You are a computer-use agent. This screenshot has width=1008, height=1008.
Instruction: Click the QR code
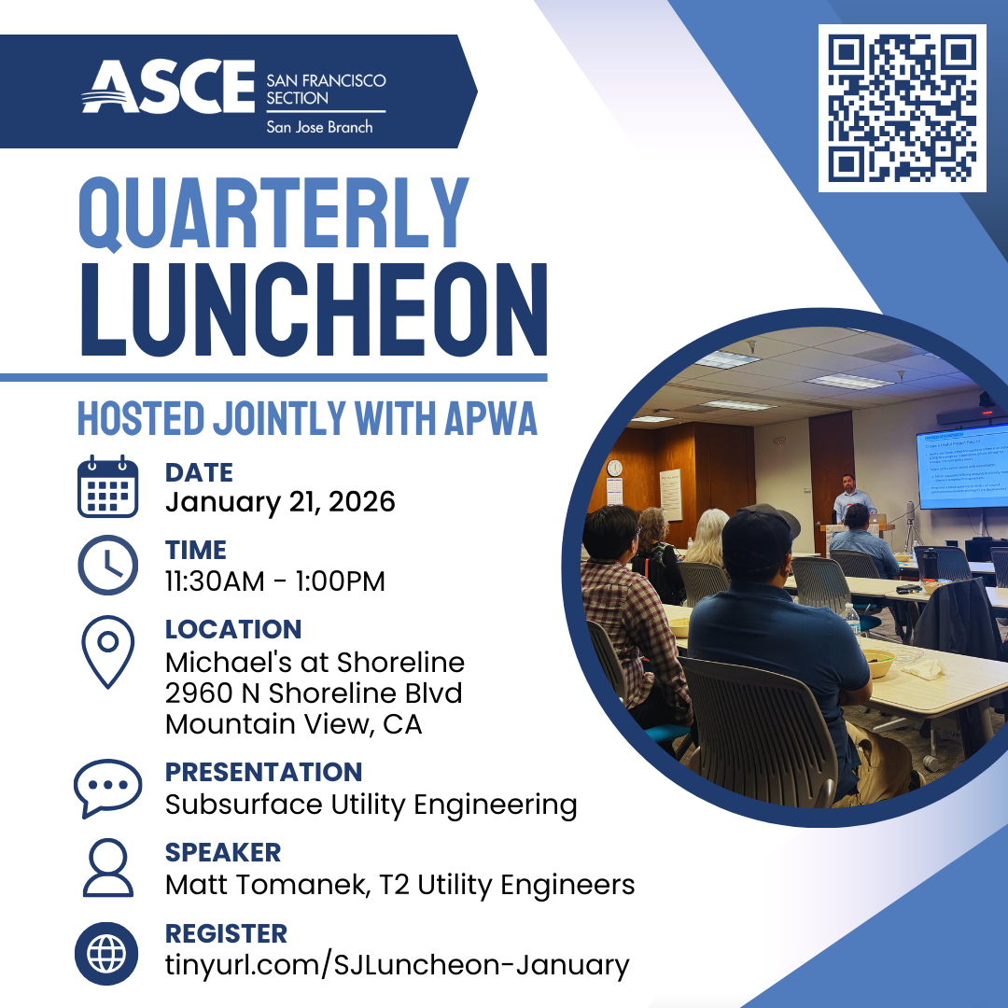point(902,108)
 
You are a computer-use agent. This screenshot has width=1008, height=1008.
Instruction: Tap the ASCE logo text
point(168,88)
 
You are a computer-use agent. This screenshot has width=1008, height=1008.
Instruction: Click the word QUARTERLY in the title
point(273,213)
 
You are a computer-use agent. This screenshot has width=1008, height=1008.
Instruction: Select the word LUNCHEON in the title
point(313,308)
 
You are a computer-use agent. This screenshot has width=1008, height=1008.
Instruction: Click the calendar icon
point(107,487)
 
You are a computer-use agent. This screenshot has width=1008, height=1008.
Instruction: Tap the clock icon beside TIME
point(107,566)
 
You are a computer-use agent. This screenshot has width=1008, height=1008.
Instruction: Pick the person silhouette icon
point(107,869)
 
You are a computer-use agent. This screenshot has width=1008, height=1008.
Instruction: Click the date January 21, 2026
point(280,502)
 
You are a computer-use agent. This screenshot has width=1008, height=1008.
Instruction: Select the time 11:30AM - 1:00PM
point(274,581)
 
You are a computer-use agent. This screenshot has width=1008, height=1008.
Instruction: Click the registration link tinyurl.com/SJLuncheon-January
point(397,964)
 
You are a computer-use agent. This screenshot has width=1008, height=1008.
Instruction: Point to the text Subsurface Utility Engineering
point(371,804)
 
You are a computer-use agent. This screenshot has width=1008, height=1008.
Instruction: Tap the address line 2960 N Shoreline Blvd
point(314,693)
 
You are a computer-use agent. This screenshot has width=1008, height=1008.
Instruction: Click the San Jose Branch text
point(319,126)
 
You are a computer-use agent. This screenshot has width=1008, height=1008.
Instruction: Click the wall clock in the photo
point(614,468)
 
